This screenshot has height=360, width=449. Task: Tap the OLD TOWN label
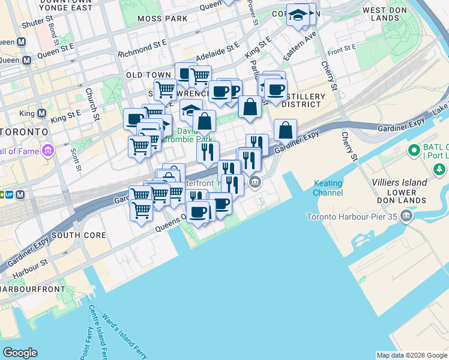tap(148, 75)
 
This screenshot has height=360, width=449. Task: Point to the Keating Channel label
tap(328, 188)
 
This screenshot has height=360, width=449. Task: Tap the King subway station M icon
tap(41, 113)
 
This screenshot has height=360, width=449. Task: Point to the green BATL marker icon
tap(413, 149)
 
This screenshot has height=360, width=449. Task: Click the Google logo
tap(20, 353)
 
